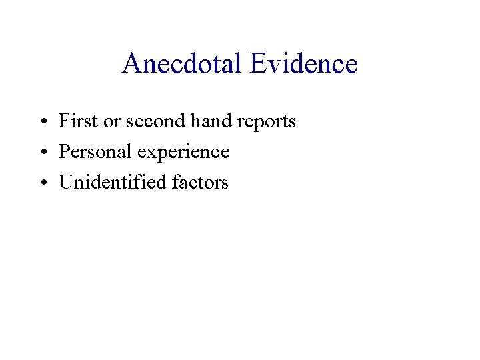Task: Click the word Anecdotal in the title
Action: point(183,64)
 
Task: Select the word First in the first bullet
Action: point(74,121)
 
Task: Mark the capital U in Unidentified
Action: point(65,182)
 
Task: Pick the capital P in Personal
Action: point(64,152)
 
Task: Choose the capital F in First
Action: point(64,121)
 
